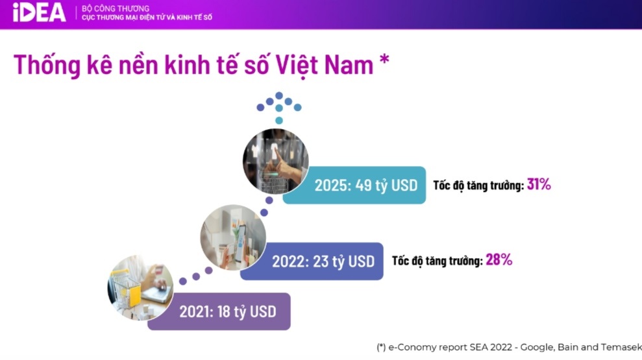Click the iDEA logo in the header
tap(39, 12)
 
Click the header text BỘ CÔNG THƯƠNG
tap(116, 8)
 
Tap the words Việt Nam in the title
tap(325, 65)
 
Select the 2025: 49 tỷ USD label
tap(366, 186)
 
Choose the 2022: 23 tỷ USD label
tap(323, 261)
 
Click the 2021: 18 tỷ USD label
tap(228, 312)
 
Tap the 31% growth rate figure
tap(539, 184)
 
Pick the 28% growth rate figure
tap(499, 259)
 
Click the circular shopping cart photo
tap(140, 287)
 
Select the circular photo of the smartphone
tap(233, 237)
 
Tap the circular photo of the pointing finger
tap(275, 161)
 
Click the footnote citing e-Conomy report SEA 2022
tap(509, 347)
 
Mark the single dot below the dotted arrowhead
tap(279, 120)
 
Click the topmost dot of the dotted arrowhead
tap(279, 95)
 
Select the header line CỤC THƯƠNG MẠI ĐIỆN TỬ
tap(147, 17)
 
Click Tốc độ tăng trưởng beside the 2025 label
tap(478, 186)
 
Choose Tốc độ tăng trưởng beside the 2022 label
tap(438, 261)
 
